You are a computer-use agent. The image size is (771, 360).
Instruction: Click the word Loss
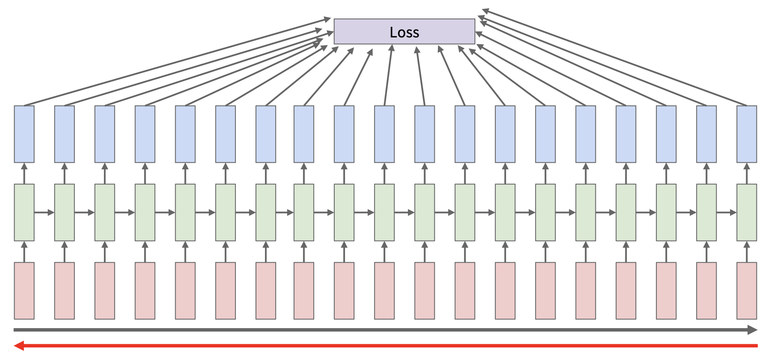tap(404, 32)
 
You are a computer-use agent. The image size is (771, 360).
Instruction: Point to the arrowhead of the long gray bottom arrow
tap(752, 330)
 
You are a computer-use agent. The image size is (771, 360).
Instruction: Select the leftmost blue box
tap(24, 134)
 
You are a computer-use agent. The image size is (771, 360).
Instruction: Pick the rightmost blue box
tap(747, 134)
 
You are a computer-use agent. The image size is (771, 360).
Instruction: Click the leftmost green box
tap(24, 212)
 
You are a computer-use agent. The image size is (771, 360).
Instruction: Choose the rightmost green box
tap(747, 212)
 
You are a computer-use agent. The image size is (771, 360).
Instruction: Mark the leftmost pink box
tap(24, 291)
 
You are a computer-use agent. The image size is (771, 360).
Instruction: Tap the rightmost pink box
tap(747, 291)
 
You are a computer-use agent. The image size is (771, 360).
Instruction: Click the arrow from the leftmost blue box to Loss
tap(177, 62)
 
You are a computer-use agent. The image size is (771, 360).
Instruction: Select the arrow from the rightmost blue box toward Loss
tap(614, 58)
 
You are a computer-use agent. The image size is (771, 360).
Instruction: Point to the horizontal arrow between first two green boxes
tap(44, 213)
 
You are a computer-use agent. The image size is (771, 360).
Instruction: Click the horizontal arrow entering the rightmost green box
tap(727, 213)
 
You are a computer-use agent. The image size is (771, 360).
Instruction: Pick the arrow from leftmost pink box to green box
tap(24, 252)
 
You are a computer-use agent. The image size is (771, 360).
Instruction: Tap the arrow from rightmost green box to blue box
tap(747, 173)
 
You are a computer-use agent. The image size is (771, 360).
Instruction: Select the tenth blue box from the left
tap(384, 134)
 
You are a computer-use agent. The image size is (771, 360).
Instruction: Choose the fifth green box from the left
tap(185, 212)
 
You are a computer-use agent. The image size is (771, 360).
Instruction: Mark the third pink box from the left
tap(105, 291)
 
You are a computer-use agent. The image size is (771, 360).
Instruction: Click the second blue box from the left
tap(65, 134)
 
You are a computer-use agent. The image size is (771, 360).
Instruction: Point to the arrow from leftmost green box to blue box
tap(24, 173)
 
